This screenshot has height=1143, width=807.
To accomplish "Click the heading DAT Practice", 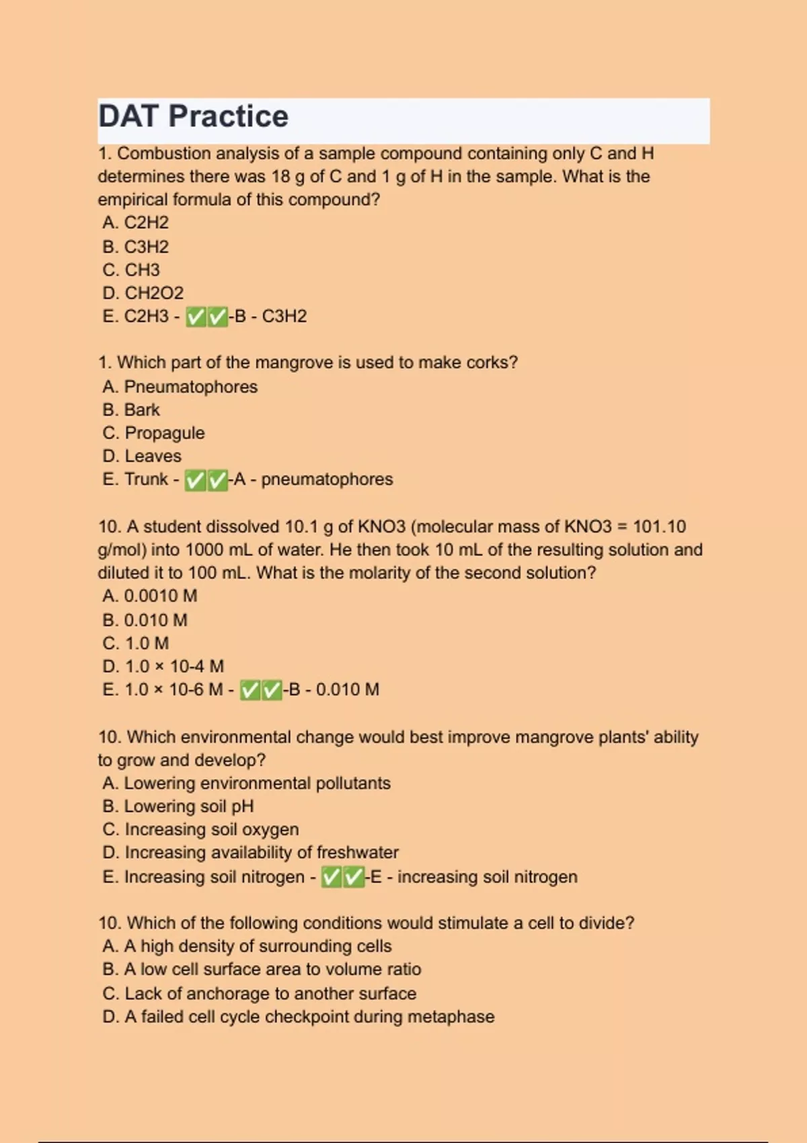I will (194, 116).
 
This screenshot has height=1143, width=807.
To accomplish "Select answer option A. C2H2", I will (136, 223).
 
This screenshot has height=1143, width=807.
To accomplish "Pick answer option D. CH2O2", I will (143, 293).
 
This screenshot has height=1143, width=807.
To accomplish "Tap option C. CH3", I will (132, 270).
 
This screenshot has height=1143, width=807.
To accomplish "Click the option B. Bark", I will (132, 409).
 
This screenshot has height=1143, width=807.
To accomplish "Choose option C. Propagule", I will (154, 433).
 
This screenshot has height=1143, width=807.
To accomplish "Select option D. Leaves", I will (143, 456).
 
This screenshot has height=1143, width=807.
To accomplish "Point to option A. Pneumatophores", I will (180, 387).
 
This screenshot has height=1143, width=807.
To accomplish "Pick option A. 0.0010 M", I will (150, 596).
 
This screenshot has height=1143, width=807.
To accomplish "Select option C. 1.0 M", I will (136, 643).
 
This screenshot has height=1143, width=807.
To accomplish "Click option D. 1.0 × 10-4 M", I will (163, 666).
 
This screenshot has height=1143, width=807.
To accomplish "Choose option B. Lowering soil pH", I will (178, 806).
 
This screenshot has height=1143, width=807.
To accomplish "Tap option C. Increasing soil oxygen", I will (201, 830).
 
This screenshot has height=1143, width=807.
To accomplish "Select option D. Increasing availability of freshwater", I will (251, 853).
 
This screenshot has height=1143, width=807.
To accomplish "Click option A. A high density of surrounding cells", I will (247, 946).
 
